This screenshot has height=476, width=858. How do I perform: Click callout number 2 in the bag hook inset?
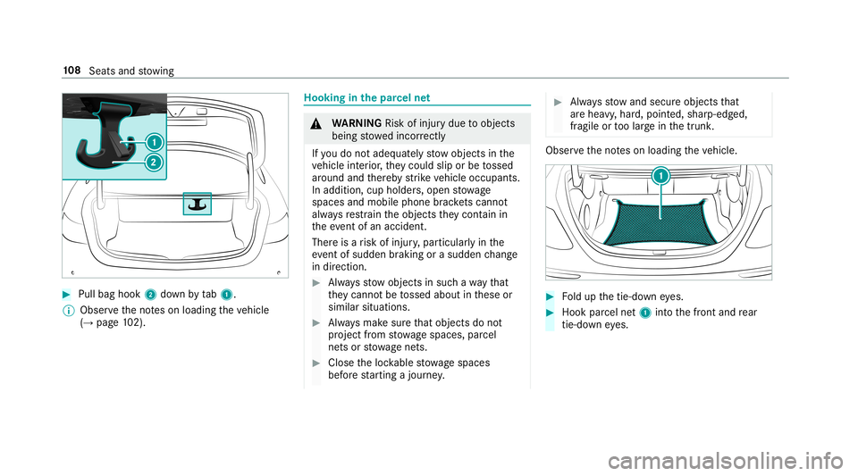(x=153, y=162)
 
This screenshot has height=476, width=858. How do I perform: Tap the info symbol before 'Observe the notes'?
(x=71, y=309)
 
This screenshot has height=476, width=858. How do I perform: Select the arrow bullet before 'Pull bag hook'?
(x=71, y=295)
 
